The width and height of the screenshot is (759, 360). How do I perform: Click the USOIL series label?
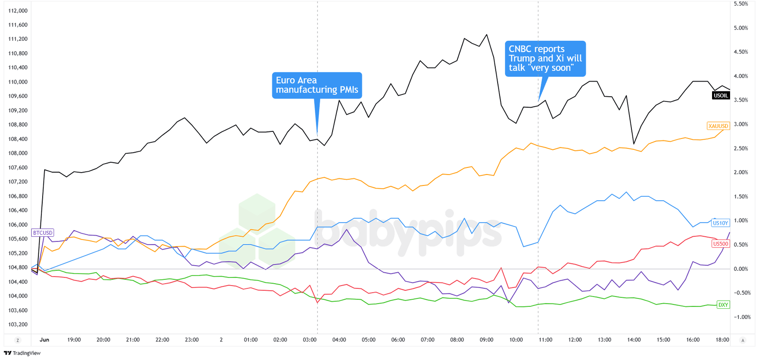coord(721,95)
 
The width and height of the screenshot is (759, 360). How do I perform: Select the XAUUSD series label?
coord(718,126)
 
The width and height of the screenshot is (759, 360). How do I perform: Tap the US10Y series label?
coord(720,223)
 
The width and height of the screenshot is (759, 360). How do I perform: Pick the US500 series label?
coord(720,244)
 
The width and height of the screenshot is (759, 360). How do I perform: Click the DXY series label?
coord(723,305)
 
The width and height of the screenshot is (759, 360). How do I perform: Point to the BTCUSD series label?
coord(43,233)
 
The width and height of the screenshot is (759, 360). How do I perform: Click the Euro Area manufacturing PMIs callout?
coord(317,85)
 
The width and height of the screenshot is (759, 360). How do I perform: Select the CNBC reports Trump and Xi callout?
coord(545,58)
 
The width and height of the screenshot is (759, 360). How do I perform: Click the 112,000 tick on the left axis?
coord(18,11)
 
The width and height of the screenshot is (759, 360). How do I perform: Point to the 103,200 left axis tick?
coord(18,325)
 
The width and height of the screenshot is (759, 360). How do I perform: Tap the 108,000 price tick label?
coord(18,153)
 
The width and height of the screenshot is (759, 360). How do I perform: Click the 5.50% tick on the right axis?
coord(740,4)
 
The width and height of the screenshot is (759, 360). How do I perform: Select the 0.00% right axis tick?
coord(740,269)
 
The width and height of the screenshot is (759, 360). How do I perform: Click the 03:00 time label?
coord(310,340)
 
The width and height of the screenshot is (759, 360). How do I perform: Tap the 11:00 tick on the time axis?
coord(546,340)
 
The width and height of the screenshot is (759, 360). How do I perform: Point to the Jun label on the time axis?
coord(45,340)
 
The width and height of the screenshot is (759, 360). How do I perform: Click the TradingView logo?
coord(22,353)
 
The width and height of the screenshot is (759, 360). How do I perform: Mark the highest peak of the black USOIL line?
coord(487,35)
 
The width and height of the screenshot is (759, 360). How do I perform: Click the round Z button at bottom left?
coord(18,341)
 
